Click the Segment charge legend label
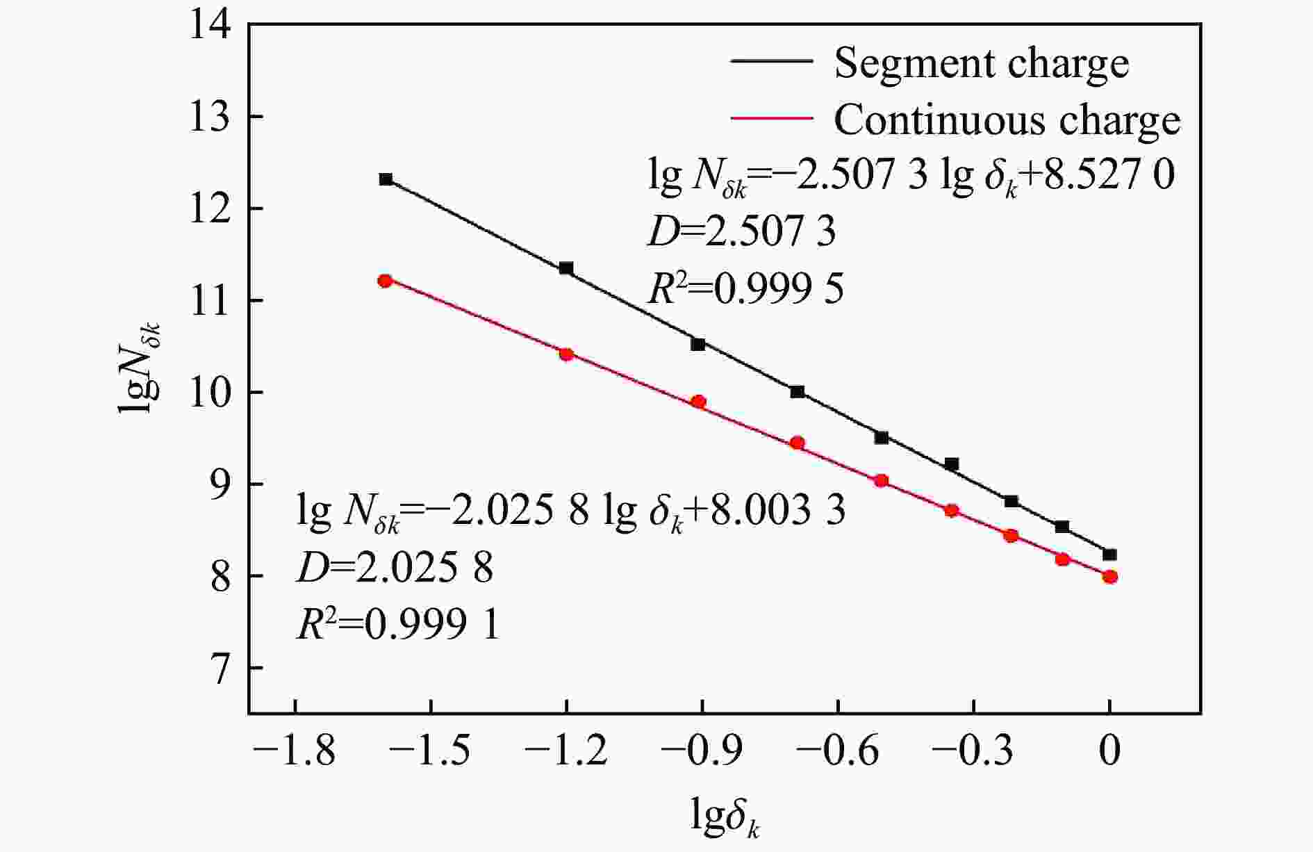tap(981, 63)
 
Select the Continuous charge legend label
tap(1007, 120)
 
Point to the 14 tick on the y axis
tap(211, 25)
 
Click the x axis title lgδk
tap(725, 817)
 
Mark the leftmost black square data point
tap(386, 179)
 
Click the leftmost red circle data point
tap(385, 281)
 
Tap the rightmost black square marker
tap(1109, 555)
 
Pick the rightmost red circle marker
tap(1109, 577)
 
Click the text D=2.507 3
tap(741, 232)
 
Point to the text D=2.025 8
tap(395, 568)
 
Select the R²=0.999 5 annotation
tap(745, 288)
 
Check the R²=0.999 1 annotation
tap(397, 625)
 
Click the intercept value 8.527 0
tap(1109, 175)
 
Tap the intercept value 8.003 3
tap(779, 511)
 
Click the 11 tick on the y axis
tap(211, 301)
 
